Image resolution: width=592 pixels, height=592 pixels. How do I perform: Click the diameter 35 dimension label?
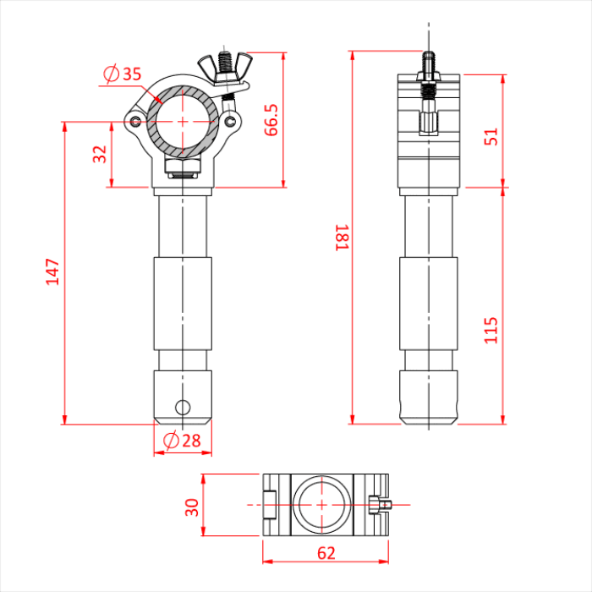122,74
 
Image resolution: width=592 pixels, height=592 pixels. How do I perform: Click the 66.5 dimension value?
271,120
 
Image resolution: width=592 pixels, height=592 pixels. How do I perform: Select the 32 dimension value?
100,155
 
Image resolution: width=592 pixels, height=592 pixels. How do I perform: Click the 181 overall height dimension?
341,238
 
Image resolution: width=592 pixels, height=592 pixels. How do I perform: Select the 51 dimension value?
491,136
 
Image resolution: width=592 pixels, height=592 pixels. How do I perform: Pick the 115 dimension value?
491,329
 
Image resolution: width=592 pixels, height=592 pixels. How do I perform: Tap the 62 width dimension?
326,553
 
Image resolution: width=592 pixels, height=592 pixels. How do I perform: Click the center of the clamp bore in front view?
183,120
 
